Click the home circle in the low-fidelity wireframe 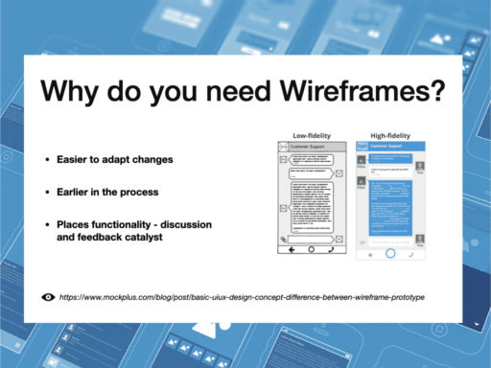[x=311, y=250]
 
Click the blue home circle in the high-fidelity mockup [x=390, y=254]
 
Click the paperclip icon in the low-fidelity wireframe [x=283, y=238]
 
